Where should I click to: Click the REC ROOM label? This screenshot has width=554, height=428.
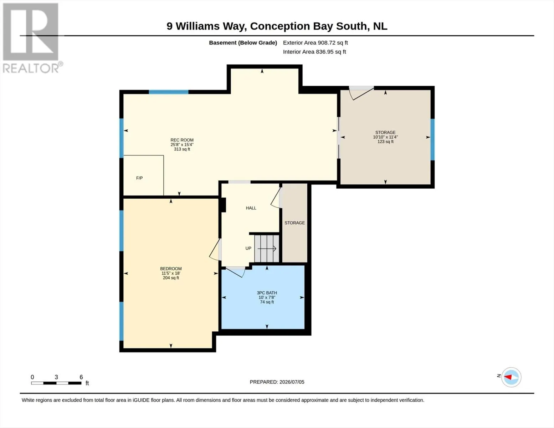182,140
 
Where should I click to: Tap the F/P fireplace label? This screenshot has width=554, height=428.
139,178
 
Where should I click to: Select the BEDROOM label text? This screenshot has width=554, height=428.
171,269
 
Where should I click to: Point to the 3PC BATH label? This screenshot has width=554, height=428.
267,293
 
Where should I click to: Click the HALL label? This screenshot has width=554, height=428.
251,208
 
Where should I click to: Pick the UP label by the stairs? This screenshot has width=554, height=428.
248,248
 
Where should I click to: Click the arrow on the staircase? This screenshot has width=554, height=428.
267,248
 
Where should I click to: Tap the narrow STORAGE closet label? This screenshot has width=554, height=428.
294,223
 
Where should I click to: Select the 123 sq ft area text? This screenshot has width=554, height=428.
385,142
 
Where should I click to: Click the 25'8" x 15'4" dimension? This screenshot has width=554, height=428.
182,144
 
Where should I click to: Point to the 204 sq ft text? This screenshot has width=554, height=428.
171,278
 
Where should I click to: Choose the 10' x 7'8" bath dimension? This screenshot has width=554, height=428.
267,297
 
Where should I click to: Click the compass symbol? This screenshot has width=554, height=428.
511,377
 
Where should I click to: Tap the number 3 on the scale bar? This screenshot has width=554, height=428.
56,377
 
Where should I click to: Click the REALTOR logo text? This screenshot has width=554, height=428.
31,68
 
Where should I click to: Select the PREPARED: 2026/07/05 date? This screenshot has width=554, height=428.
277,382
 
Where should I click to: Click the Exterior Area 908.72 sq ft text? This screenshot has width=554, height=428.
316,43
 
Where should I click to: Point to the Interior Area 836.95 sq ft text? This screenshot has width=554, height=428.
314,52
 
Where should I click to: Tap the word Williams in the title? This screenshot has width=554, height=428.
198,26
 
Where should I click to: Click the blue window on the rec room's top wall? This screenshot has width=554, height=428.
169,92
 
